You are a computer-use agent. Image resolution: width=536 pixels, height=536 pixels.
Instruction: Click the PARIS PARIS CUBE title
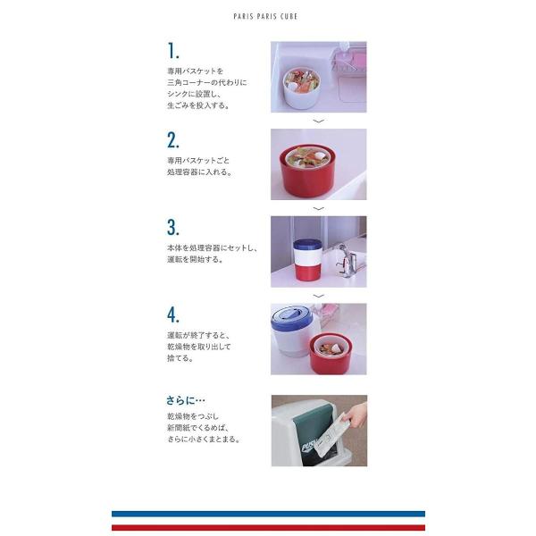(265, 16)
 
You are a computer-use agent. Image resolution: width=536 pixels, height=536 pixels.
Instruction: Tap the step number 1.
(173, 51)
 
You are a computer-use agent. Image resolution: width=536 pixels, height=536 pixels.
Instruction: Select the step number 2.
(173, 140)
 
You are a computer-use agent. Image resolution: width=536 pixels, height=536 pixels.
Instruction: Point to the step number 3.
(173, 227)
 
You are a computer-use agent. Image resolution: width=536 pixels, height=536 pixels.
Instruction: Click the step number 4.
(173, 314)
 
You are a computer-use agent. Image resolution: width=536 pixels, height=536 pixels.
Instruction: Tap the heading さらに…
(186, 400)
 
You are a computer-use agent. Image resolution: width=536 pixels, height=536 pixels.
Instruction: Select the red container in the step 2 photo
(307, 172)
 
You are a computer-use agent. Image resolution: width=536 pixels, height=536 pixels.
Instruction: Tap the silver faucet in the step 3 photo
(346, 260)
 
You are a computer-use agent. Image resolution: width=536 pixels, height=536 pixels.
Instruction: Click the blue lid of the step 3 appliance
(306, 245)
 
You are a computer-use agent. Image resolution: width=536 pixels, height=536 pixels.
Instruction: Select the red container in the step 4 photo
(331, 354)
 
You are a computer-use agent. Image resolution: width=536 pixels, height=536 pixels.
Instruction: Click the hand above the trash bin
(356, 414)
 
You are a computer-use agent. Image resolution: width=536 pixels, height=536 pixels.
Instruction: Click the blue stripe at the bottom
(268, 514)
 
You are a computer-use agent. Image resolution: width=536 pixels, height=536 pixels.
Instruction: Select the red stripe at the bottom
(268, 527)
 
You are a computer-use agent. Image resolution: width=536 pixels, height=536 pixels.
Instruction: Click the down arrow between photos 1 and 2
(319, 121)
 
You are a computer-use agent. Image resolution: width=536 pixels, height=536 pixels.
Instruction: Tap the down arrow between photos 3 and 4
(319, 296)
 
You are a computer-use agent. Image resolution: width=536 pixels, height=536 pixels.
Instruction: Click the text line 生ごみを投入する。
(198, 105)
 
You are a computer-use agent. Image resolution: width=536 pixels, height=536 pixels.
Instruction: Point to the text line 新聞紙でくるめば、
(198, 427)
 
